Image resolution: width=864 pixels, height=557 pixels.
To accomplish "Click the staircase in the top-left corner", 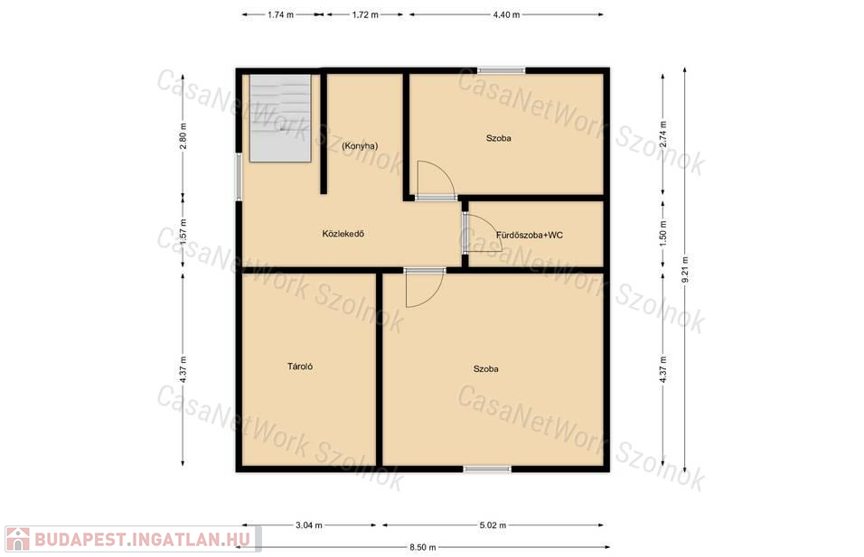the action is pyautogui.click(x=280, y=118).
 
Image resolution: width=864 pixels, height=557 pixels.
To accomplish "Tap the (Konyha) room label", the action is pyautogui.click(x=360, y=146).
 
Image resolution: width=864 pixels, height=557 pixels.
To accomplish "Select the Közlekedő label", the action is pyautogui.click(x=343, y=234).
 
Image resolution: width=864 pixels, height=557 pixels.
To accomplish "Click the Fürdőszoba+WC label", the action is pyautogui.click(x=530, y=235).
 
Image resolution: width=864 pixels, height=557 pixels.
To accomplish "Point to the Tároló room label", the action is pyautogui.click(x=300, y=366).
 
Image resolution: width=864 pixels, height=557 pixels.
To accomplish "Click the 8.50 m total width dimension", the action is pyautogui.click(x=423, y=547).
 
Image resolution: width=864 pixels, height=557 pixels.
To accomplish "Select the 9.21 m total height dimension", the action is pyautogui.click(x=685, y=270).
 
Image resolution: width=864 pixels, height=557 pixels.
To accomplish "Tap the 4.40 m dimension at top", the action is pyautogui.click(x=506, y=14).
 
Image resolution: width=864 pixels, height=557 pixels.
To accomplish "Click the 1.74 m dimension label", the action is pyautogui.click(x=280, y=14).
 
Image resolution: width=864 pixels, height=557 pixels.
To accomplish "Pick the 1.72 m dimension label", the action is pyautogui.click(x=365, y=14).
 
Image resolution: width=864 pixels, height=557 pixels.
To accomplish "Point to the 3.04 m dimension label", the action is pyautogui.click(x=308, y=525).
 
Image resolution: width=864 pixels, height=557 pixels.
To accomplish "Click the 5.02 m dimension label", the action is pyautogui.click(x=493, y=525).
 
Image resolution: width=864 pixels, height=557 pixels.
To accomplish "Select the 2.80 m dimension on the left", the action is pyautogui.click(x=183, y=135).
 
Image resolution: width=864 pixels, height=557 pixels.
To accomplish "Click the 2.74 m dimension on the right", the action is pyautogui.click(x=662, y=135).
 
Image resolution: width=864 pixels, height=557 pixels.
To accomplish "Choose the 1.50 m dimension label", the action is pyautogui.click(x=662, y=234).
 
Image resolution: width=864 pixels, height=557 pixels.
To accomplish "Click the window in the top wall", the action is pyautogui.click(x=501, y=70).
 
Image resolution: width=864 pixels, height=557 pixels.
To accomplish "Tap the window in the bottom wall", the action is pyautogui.click(x=487, y=469).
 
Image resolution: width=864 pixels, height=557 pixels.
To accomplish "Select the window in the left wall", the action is pyautogui.click(x=239, y=177).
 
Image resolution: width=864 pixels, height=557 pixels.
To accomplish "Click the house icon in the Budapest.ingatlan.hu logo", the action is pyautogui.click(x=18, y=539).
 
